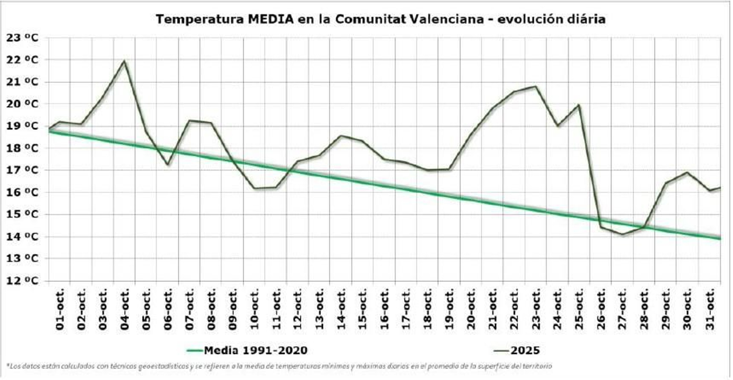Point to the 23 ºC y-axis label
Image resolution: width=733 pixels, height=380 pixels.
point(22,38)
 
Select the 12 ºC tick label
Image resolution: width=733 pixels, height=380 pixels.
point(22,281)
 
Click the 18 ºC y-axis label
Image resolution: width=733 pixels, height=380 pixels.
point(22,148)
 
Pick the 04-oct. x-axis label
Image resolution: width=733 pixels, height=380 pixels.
point(125,309)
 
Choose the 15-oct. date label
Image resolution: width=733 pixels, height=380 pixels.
point(363,309)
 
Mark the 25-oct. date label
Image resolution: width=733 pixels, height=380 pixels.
point(579,309)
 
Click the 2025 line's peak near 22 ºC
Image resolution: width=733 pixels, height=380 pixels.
point(124,61)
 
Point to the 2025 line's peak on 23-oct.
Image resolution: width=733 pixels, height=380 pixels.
point(536,86)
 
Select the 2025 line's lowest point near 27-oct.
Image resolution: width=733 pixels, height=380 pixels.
point(622,234)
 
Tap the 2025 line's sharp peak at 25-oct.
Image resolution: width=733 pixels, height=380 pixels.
point(579,105)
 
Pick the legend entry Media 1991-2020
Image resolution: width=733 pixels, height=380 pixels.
point(247,351)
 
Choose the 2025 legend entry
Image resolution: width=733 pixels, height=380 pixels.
point(517,351)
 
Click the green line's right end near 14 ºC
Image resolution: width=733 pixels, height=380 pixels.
point(719,238)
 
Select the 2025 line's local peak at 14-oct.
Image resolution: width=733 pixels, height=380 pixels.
point(342,136)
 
